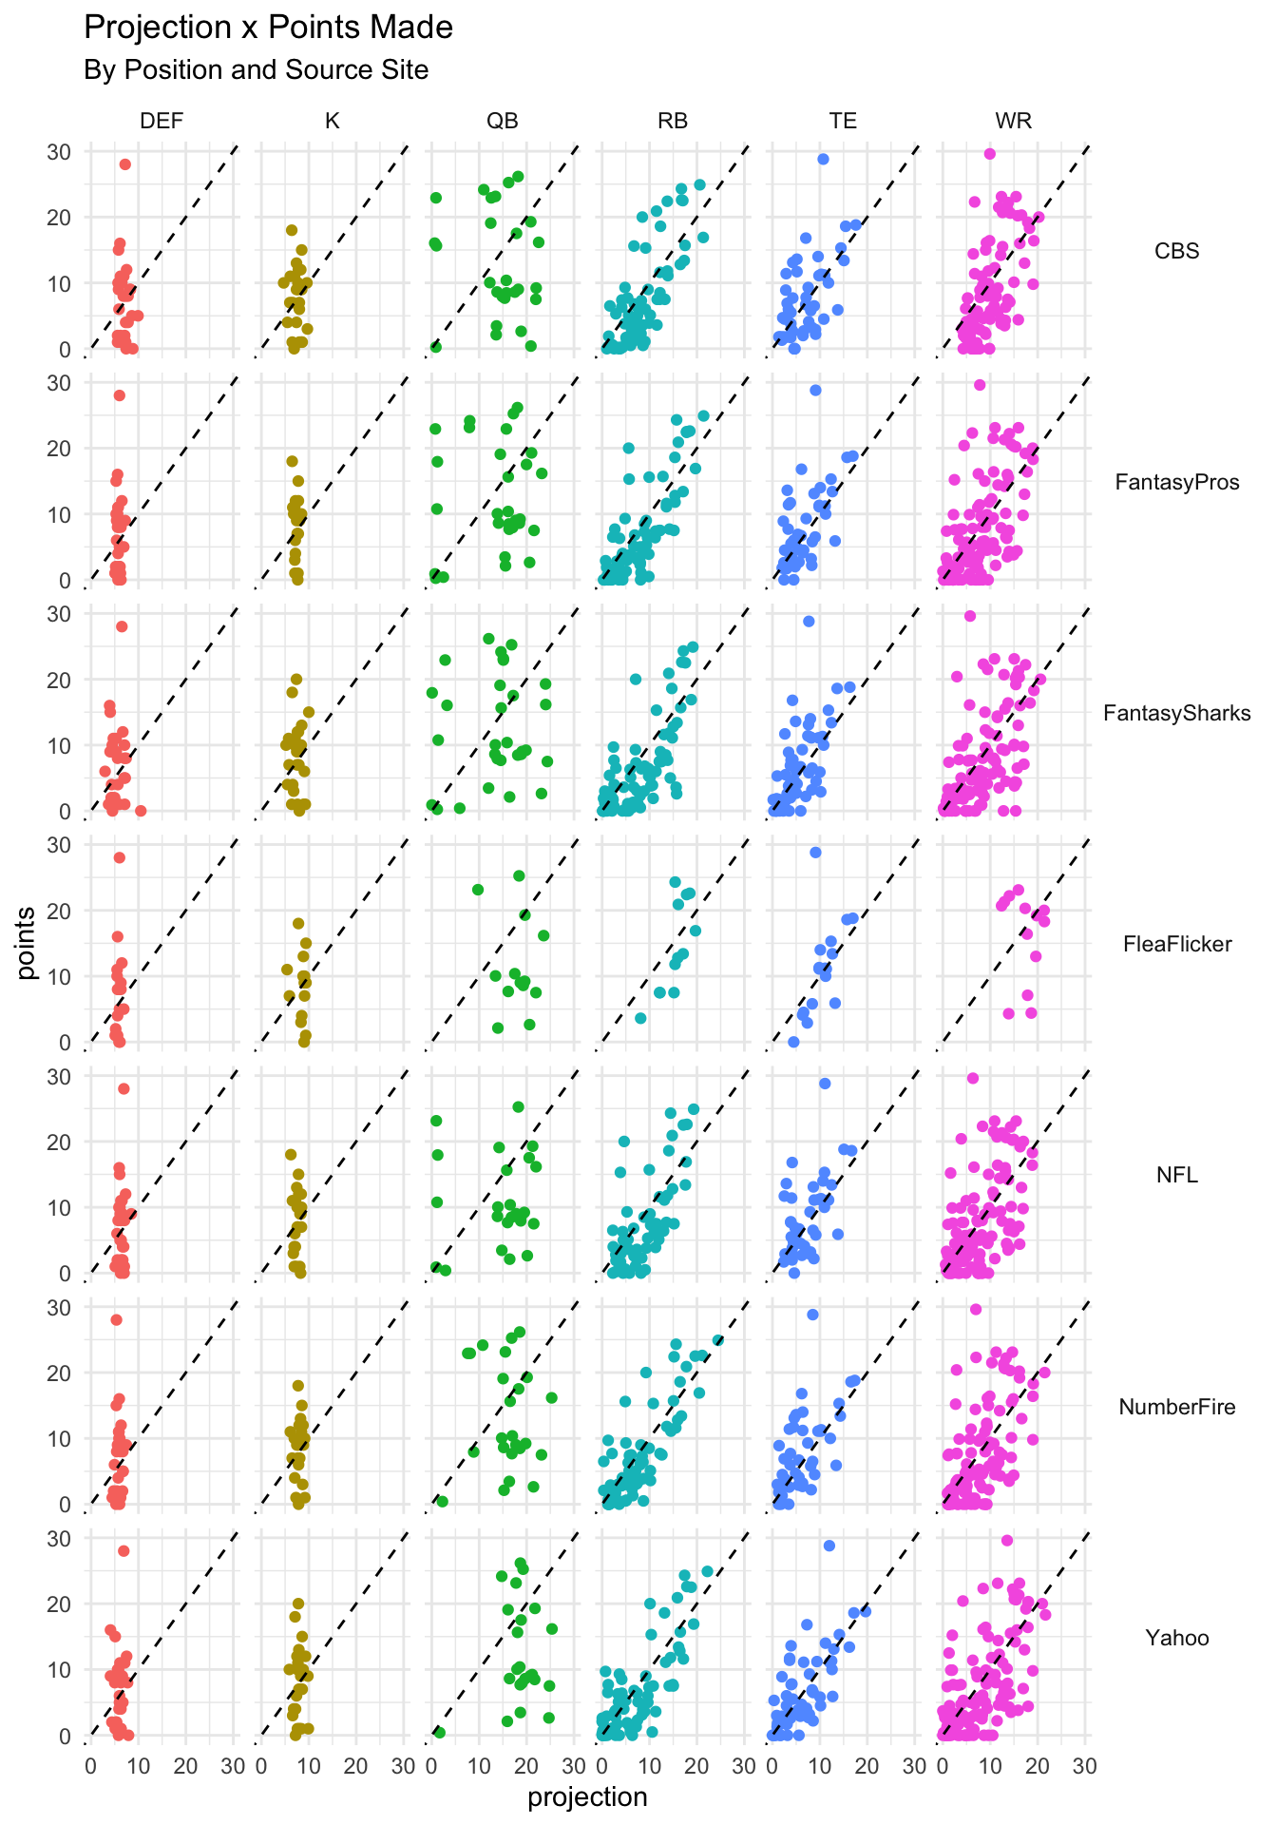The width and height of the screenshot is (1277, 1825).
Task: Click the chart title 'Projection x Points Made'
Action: click(268, 28)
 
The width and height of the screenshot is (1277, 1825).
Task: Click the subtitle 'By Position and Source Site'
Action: click(256, 70)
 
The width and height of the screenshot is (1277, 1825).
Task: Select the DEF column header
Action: click(162, 121)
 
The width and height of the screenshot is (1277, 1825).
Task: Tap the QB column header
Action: click(503, 121)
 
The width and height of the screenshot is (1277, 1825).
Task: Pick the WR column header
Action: click(1013, 121)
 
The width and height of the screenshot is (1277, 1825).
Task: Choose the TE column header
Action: click(843, 121)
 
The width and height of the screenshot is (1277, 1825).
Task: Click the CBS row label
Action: click(1176, 251)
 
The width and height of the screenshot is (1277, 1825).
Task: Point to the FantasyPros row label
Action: click(1176, 482)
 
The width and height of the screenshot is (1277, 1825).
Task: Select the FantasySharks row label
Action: click(1176, 713)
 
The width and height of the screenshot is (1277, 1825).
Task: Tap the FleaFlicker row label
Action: click(1176, 944)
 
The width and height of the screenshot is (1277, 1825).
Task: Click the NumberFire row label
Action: click(1176, 1407)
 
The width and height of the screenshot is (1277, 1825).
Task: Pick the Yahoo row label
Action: click(1176, 1638)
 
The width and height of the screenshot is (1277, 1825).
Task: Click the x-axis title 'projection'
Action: click(587, 1796)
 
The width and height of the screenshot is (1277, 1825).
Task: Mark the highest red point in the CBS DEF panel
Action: click(124, 164)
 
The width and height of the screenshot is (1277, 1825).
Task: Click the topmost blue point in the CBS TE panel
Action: click(823, 159)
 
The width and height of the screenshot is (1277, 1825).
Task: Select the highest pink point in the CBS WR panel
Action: click(989, 153)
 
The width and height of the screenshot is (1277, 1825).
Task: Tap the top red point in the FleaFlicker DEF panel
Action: click(120, 857)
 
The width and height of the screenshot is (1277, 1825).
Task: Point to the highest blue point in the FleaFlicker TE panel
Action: click(815, 852)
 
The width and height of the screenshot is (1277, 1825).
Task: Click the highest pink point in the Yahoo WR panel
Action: click(1007, 1540)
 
